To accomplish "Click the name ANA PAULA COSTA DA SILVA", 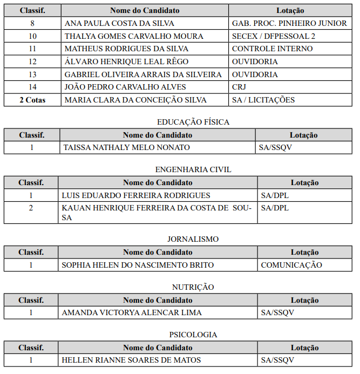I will (x=119, y=24).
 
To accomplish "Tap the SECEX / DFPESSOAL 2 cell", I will (x=274, y=36).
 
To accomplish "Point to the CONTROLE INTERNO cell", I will (x=272, y=49).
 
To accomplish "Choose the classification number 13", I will (x=32, y=74).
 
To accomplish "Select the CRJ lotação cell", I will (x=239, y=87).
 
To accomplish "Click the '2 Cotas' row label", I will (x=32, y=100).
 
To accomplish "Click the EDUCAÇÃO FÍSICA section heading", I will (x=193, y=122).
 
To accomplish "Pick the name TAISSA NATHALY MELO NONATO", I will (x=126, y=147).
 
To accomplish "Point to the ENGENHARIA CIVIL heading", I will (x=193, y=169).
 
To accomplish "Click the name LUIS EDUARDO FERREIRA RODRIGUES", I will (x=136, y=195).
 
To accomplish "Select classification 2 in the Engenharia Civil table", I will (x=31, y=208).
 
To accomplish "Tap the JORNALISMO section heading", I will (x=193, y=239).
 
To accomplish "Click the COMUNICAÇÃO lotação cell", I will (x=291, y=265).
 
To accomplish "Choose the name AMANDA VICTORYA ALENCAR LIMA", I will (x=132, y=312).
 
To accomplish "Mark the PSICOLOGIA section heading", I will (x=193, y=335).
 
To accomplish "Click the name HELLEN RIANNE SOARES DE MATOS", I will (x=131, y=360).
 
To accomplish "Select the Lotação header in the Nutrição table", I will (x=304, y=300).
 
